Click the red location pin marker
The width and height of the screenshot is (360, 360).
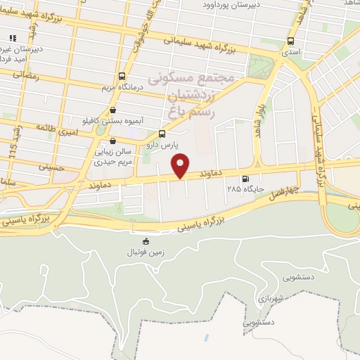(x=181, y=165)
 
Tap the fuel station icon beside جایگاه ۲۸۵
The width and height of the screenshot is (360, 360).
(x=245, y=179)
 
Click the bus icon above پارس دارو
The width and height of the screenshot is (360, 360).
(x=162, y=134)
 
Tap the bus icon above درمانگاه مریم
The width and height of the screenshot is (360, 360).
(x=122, y=76)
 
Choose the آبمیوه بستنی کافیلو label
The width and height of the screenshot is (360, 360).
(x=113, y=121)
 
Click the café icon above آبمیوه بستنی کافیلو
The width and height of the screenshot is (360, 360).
(x=113, y=110)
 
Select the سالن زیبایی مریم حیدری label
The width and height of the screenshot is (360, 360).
(x=113, y=157)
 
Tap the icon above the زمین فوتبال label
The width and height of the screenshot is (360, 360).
(x=146, y=241)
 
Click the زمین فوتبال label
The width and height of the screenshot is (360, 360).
(x=146, y=252)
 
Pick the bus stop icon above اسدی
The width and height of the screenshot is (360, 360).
(x=290, y=41)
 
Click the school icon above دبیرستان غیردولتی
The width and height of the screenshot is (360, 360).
(x=12, y=38)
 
